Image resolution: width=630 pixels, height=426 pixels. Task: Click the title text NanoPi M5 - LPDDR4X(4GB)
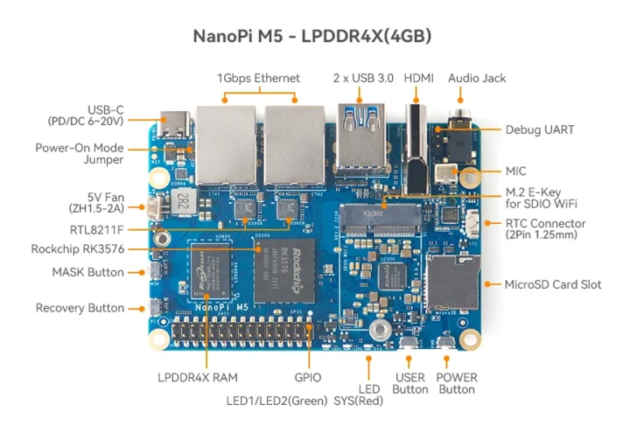(x=312, y=36)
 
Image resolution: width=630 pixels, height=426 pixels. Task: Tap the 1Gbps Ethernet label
(x=258, y=78)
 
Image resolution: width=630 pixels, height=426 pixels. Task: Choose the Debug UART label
(x=539, y=129)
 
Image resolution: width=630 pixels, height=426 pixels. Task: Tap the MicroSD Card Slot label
(x=552, y=284)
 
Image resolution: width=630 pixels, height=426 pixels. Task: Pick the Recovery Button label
(x=80, y=308)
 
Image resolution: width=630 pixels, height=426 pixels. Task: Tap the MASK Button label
(x=87, y=272)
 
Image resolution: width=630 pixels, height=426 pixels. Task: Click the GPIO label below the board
(x=307, y=377)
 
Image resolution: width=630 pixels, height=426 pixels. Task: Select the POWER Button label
(x=457, y=383)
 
